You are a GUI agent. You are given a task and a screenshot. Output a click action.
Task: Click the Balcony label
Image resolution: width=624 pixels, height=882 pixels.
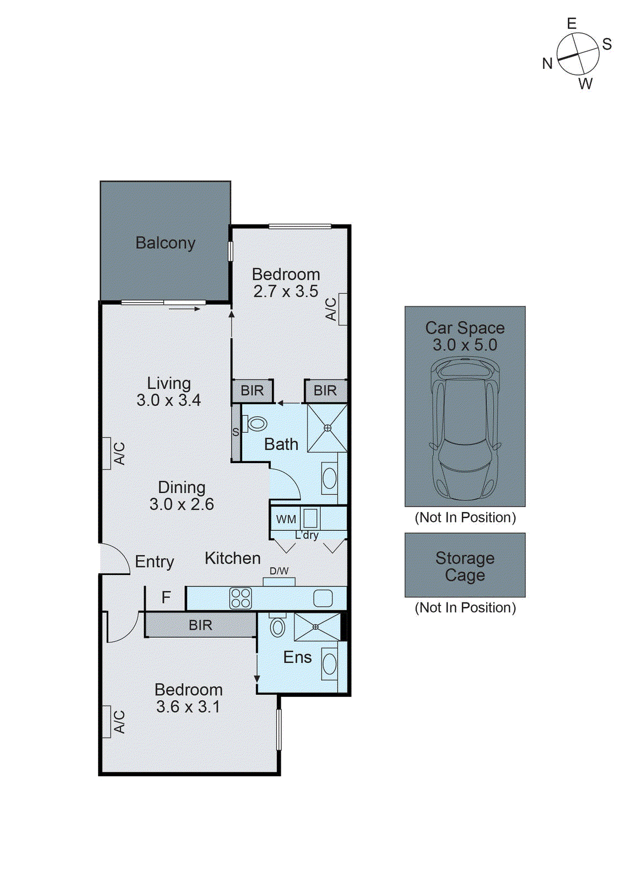click(166, 243)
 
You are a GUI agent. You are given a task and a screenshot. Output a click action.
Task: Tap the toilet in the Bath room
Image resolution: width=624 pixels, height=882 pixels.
click(256, 424)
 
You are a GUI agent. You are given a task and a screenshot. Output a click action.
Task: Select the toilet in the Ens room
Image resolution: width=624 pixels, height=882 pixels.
click(278, 627)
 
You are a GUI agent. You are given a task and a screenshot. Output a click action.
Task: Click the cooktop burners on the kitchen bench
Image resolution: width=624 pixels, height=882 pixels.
click(241, 598)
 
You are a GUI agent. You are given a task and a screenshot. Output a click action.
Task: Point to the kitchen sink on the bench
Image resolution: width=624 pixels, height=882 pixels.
click(323, 598)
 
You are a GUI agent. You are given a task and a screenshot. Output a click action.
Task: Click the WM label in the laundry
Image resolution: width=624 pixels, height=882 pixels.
click(286, 519)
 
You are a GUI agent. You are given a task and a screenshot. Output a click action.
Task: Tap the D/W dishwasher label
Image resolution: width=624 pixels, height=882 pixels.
click(279, 571)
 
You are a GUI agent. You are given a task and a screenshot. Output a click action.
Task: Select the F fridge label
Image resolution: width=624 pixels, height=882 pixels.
click(166, 598)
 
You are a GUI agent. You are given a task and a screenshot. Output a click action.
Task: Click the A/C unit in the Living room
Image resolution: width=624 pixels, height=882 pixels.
click(107, 453)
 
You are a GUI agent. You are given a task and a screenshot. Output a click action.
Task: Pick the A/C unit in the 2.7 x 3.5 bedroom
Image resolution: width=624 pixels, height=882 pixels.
click(343, 309)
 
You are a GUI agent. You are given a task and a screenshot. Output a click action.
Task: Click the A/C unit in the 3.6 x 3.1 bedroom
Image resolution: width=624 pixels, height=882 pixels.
click(107, 722)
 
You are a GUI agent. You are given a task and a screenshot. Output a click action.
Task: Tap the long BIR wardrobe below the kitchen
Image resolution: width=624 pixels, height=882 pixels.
click(200, 625)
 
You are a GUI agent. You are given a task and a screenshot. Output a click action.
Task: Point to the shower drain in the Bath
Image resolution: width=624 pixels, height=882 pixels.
click(327, 428)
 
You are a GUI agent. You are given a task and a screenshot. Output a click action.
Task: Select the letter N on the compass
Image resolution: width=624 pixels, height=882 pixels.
click(547, 64)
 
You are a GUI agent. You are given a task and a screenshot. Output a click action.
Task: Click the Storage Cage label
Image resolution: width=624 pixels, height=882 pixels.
click(465, 566)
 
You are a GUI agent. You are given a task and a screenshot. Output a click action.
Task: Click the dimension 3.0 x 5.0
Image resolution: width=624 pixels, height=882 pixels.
click(465, 345)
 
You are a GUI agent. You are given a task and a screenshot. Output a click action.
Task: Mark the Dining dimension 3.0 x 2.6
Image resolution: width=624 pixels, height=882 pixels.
click(182, 504)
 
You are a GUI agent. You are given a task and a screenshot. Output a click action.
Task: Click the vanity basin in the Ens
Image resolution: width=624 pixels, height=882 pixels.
click(329, 664)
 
